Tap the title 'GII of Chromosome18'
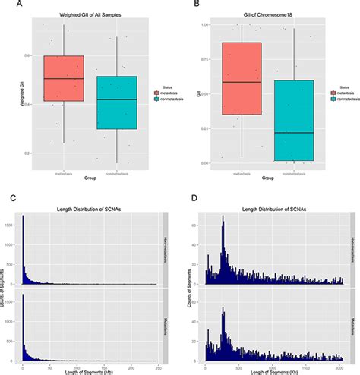coord(258,16)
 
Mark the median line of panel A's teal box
coord(117,99)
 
